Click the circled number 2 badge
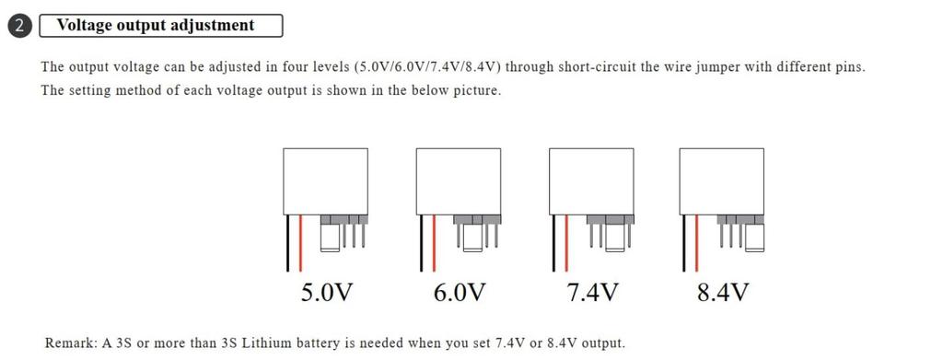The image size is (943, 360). [x=20, y=26]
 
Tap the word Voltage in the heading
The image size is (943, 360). [x=84, y=25]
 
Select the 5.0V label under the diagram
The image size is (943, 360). [x=327, y=294]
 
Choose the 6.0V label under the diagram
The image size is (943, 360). [x=459, y=294]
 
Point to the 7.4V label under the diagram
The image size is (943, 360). [x=591, y=294]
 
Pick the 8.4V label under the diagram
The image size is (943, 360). [x=722, y=294]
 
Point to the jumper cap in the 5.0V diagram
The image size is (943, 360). [x=329, y=237]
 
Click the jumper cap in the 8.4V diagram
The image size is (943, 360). [x=755, y=237]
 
